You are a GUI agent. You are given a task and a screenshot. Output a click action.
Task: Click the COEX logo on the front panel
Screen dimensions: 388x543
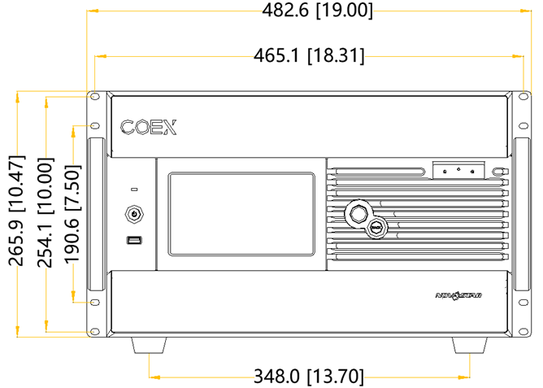[149, 127]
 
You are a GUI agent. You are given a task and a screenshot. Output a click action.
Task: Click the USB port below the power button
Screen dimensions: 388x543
[134, 240]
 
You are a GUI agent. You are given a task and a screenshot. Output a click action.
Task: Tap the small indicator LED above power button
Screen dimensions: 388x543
[134, 189]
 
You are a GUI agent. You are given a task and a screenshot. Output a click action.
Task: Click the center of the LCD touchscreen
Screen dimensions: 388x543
[241, 213]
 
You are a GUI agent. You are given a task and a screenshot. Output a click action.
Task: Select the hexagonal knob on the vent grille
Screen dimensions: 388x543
[357, 213]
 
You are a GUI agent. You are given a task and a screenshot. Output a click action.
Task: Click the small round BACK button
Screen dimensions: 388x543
[378, 229]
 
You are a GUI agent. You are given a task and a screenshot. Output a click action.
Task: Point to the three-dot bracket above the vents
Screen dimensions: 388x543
[458, 169]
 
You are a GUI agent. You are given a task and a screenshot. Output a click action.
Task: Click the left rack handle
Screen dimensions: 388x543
[95, 213]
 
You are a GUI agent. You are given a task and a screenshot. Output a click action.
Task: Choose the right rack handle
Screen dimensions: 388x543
[521, 213]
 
